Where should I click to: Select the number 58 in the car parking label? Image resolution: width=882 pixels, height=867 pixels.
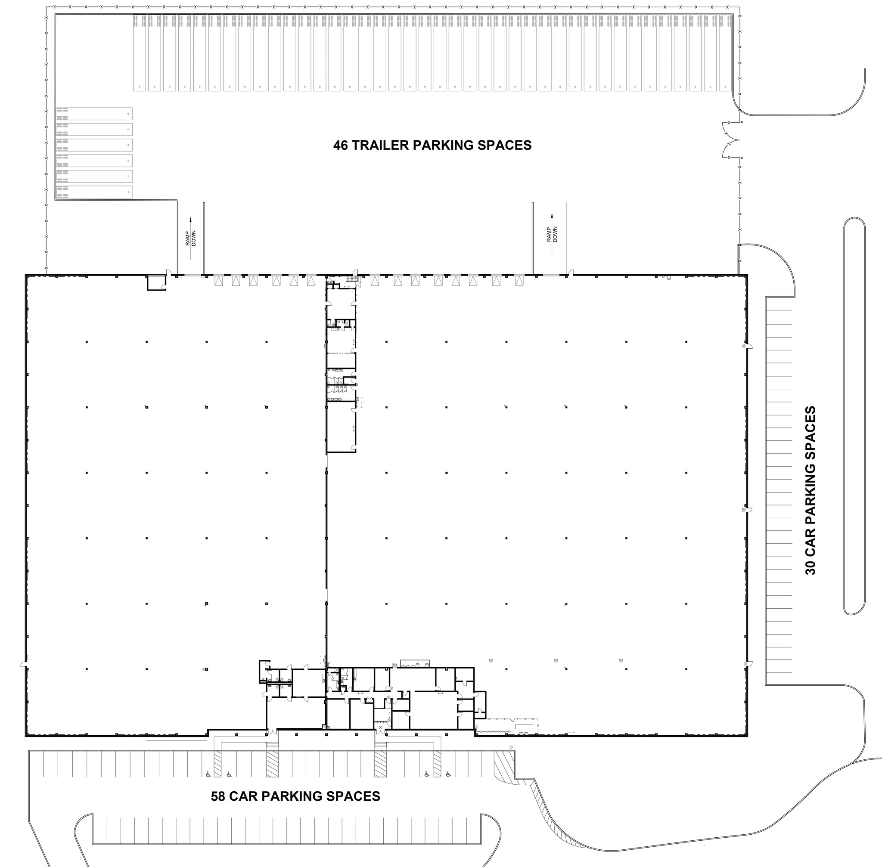[x=218, y=796]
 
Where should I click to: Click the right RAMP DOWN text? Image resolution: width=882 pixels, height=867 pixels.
[x=552, y=235]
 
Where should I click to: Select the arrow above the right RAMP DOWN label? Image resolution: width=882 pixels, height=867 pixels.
[x=552, y=217]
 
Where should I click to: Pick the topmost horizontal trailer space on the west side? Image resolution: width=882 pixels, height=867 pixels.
[x=94, y=113]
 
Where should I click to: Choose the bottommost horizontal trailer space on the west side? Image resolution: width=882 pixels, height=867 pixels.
[x=94, y=192]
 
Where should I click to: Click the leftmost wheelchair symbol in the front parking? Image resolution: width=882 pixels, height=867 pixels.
[x=208, y=774]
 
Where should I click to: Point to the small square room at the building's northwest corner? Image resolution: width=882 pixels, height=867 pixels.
[x=156, y=282]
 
